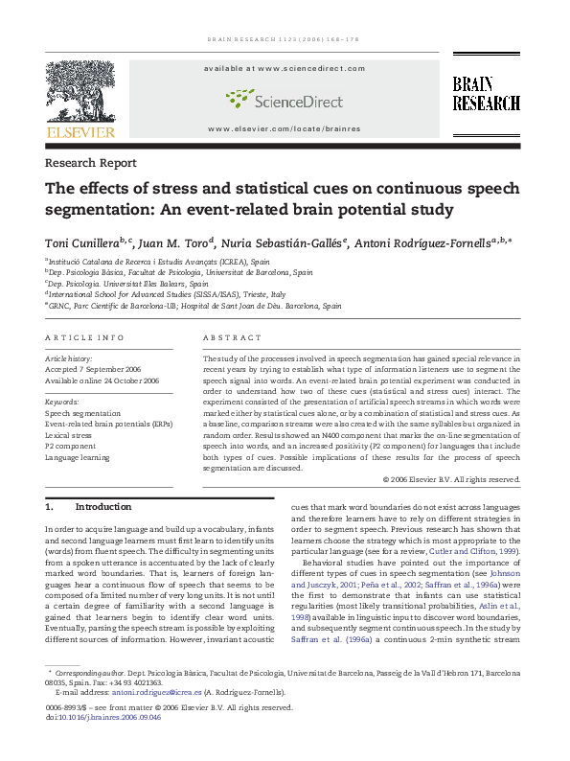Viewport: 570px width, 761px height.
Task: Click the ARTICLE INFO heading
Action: (84, 338)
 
